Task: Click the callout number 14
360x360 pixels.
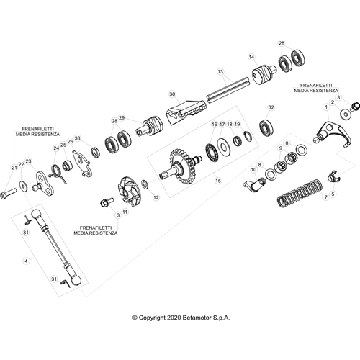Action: click(x=251, y=57)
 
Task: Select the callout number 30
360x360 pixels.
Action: click(x=172, y=94)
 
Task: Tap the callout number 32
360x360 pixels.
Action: click(x=271, y=107)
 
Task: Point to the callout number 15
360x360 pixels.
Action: click(x=218, y=181)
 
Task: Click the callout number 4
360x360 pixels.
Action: click(x=27, y=261)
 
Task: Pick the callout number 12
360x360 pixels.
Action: click(x=156, y=197)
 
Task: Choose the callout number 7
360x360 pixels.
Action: click(x=325, y=197)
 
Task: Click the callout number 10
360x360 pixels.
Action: click(x=253, y=170)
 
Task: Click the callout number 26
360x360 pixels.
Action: click(x=70, y=142)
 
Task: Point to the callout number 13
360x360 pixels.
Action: click(x=220, y=71)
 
